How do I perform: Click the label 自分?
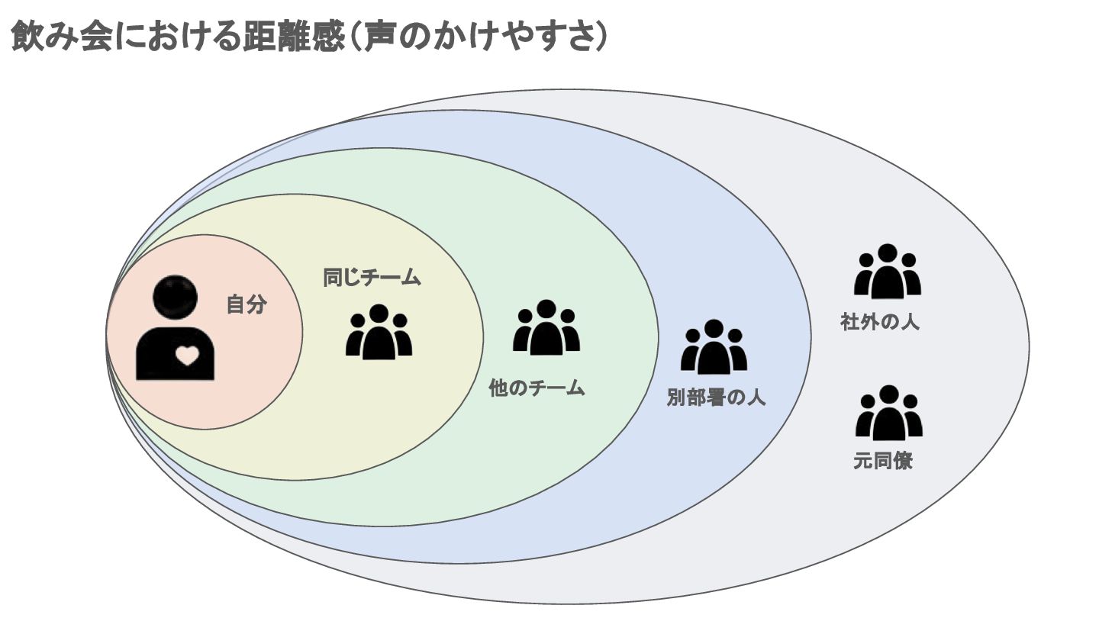[247, 305]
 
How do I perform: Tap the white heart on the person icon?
[187, 355]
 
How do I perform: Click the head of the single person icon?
[175, 298]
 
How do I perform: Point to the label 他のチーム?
[537, 388]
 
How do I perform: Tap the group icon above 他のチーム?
[546, 328]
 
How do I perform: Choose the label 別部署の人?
[715, 398]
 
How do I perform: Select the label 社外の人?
[879, 322]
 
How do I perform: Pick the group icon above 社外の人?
[887, 271]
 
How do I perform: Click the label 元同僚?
[883, 462]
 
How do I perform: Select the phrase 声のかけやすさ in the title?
[479, 37]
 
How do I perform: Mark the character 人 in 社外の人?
[909, 322]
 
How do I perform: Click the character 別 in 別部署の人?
[676, 398]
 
